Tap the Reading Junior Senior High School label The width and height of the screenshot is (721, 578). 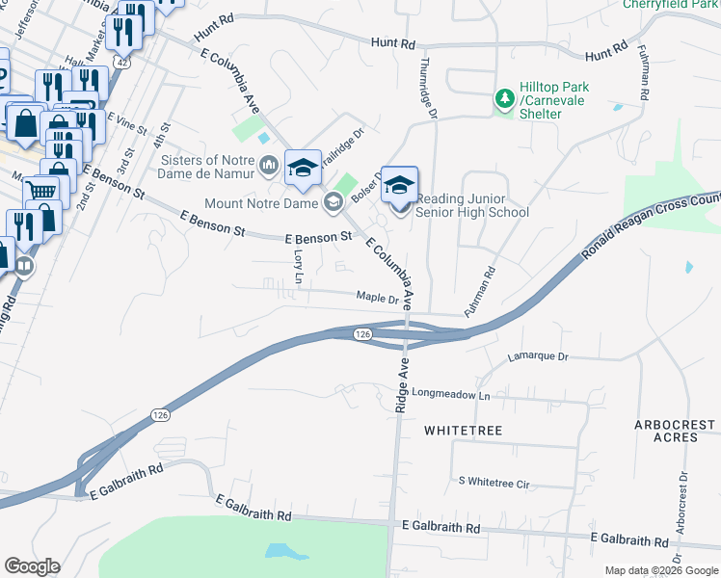471,213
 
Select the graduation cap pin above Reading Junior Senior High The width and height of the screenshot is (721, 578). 399,184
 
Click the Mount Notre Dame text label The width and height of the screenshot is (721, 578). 261,203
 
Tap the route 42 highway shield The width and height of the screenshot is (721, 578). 120,61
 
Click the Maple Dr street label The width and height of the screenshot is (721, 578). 377,298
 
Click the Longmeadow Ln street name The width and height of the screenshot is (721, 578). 451,394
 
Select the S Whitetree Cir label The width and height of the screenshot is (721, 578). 494,481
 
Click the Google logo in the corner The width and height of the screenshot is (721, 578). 32,566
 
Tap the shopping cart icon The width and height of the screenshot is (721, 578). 40,191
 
